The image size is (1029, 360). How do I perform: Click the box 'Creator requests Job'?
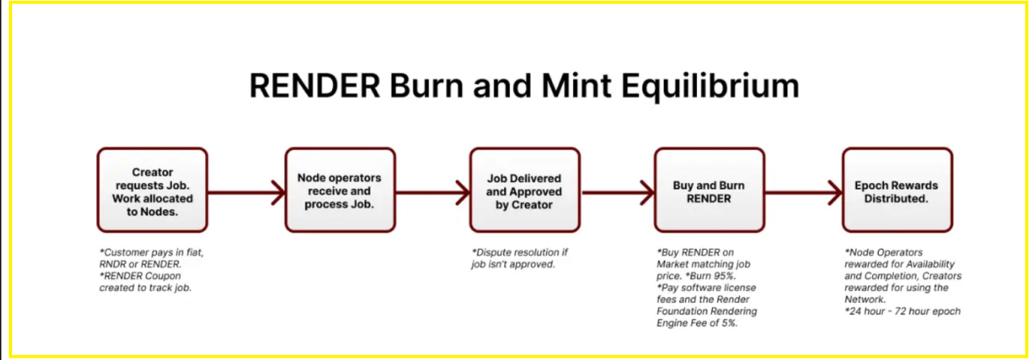pos(153,190)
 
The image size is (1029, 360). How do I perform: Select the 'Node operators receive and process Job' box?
pos(339,190)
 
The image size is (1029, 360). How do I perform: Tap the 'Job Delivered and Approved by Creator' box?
pos(524,190)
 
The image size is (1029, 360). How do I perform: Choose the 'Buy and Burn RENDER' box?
pos(708,190)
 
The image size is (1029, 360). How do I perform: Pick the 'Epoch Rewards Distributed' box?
pos(896,190)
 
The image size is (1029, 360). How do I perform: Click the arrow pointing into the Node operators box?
pos(246,192)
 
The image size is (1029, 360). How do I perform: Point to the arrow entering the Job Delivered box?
pos(433,192)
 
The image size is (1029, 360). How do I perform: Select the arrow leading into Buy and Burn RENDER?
pos(617,192)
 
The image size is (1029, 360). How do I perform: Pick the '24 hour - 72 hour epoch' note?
pos(902,311)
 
